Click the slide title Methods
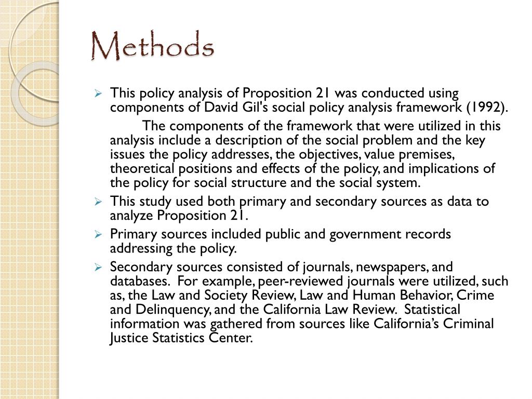click(x=152, y=46)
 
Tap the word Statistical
click(x=432, y=310)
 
